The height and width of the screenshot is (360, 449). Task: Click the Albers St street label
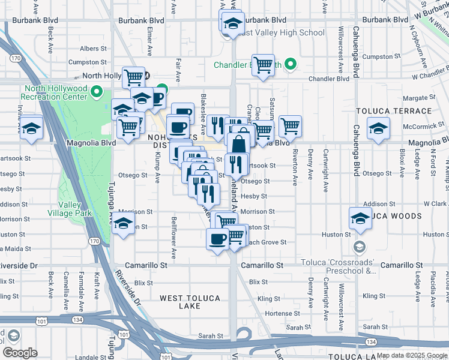point(93,49)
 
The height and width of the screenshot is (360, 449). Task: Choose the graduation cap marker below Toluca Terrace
point(378,130)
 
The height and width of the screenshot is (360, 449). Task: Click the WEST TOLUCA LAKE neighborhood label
point(181,302)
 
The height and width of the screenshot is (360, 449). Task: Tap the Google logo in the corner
point(19,353)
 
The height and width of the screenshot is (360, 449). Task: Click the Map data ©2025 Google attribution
point(411,355)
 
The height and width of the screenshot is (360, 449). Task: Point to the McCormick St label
point(423,127)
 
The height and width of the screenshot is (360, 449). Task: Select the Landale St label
point(91,358)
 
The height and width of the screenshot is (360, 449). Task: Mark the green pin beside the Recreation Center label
point(100,92)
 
